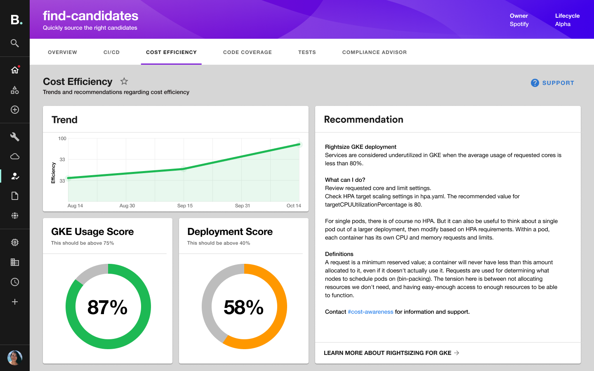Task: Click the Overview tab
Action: [62, 52]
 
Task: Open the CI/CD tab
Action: [111, 52]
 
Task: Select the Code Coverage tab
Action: [247, 52]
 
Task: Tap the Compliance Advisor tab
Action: [374, 52]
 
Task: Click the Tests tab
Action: [307, 52]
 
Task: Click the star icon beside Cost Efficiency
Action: [124, 81]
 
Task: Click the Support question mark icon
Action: [535, 83]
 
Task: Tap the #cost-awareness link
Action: [370, 312]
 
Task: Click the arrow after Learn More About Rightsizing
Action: [457, 353]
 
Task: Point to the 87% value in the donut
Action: [108, 308]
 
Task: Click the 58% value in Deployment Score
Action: [244, 308]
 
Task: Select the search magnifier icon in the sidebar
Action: [15, 43]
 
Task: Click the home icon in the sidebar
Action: [15, 70]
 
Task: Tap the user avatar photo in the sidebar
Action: [15, 358]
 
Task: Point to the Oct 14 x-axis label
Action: [294, 206]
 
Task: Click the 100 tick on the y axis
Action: [62, 139]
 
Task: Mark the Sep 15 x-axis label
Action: [185, 206]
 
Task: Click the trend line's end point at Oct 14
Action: [299, 145]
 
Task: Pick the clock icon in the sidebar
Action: [15, 282]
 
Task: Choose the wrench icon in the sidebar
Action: [15, 137]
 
